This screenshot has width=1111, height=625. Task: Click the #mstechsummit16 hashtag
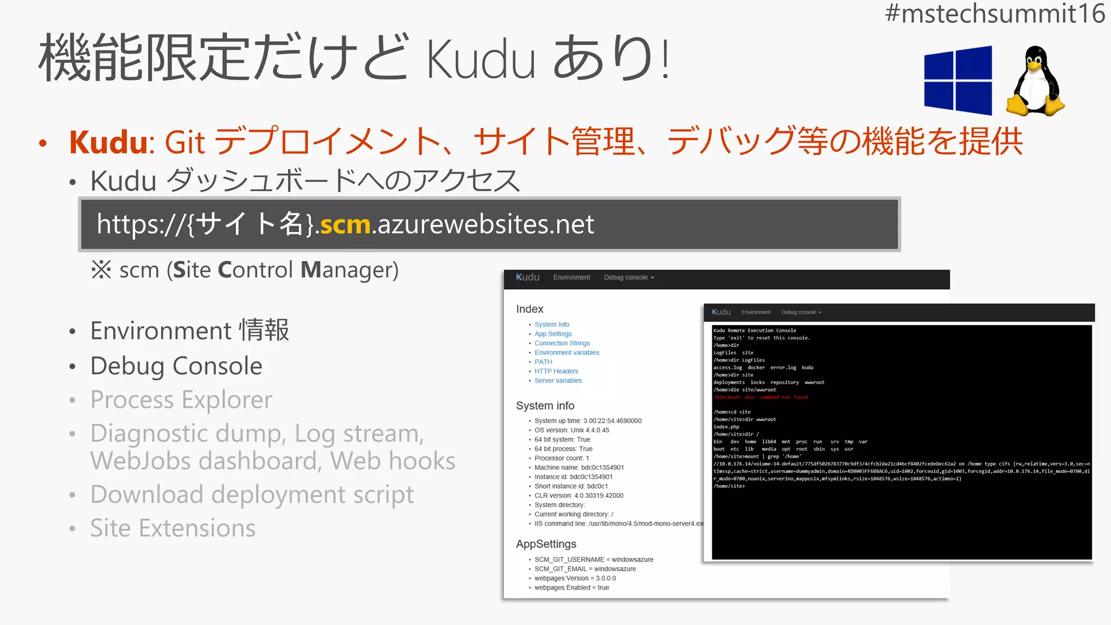click(x=994, y=14)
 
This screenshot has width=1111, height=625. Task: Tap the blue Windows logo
click(x=958, y=80)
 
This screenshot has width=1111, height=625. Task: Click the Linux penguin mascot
click(x=1035, y=81)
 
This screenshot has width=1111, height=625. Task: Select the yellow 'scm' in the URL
click(x=345, y=224)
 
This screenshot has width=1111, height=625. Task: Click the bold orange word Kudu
click(x=108, y=142)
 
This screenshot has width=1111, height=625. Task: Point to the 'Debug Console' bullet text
click(x=176, y=366)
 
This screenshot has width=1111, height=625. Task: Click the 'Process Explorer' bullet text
click(x=181, y=400)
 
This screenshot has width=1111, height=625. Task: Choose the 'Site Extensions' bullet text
click(x=173, y=528)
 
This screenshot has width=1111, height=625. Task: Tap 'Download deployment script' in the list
click(x=252, y=494)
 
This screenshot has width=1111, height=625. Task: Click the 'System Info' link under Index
click(x=552, y=324)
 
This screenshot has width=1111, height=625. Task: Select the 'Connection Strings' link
click(x=562, y=343)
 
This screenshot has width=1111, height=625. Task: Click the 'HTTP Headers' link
click(x=556, y=371)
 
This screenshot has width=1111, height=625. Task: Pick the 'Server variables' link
click(x=558, y=381)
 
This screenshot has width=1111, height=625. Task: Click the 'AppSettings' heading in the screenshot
click(x=546, y=544)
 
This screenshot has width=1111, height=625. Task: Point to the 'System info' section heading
click(x=545, y=406)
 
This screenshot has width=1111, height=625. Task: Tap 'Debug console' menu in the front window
click(x=801, y=312)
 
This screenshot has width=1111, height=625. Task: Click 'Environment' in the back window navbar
click(x=571, y=277)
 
